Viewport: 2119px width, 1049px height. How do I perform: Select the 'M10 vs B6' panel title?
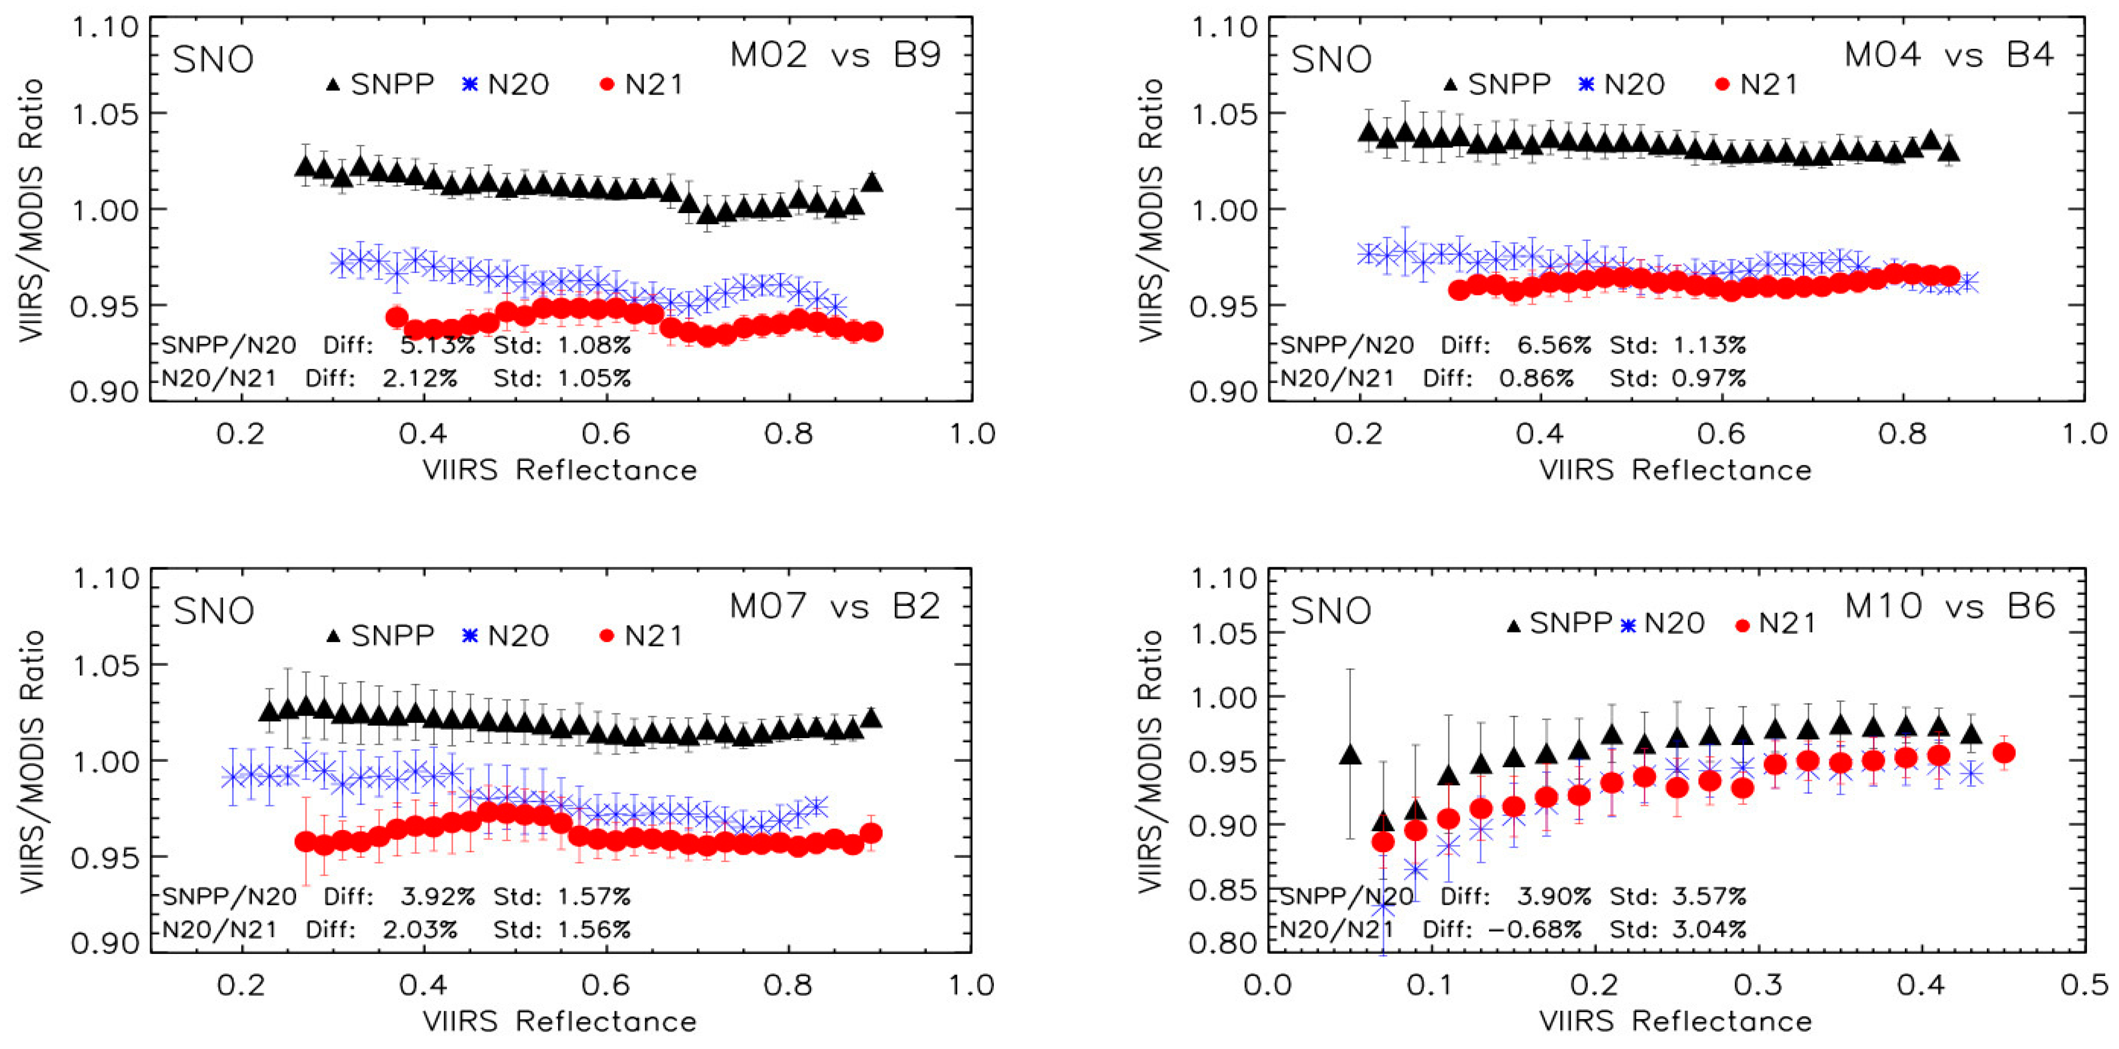point(1949,606)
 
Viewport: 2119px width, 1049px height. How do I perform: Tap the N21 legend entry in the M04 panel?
point(1757,84)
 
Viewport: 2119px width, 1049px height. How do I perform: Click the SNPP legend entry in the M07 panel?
point(380,635)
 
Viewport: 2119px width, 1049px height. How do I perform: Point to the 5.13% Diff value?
point(438,345)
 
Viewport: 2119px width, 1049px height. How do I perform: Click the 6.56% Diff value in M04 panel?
point(1555,345)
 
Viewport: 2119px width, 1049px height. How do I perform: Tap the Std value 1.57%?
point(594,896)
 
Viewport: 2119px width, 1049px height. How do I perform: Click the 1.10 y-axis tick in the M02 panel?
point(106,27)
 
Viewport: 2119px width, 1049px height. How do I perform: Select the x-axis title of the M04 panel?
point(1676,470)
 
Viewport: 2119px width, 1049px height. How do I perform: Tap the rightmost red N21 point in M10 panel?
point(2004,753)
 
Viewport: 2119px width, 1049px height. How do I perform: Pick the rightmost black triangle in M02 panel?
point(873,182)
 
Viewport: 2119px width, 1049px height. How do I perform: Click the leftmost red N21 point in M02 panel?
point(397,318)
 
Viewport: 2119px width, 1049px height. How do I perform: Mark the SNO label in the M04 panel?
point(1332,59)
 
